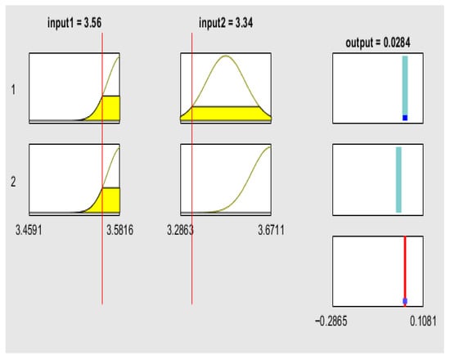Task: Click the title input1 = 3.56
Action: pyautogui.click(x=74, y=23)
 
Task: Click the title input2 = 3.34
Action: pyautogui.click(x=226, y=23)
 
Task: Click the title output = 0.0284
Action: pyautogui.click(x=378, y=43)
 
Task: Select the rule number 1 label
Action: pyautogui.click(x=13, y=90)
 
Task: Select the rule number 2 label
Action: pyautogui.click(x=13, y=182)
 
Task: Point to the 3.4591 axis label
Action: pyautogui.click(x=29, y=230)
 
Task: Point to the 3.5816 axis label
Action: pyautogui.click(x=120, y=230)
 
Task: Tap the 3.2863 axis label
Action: pyautogui.click(x=180, y=230)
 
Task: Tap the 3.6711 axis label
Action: pyautogui.click(x=271, y=230)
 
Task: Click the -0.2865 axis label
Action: pyautogui.click(x=331, y=321)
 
